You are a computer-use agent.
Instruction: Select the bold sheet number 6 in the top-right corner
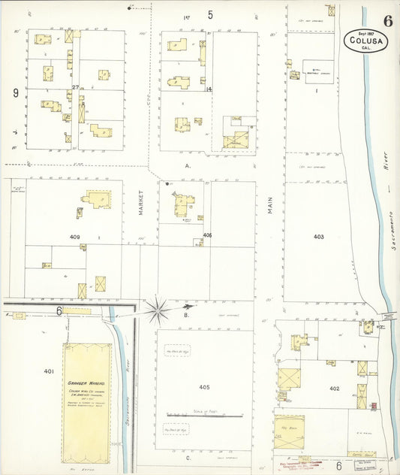[x=387, y=20]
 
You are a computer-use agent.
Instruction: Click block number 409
[x=75, y=237]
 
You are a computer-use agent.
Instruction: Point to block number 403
[x=319, y=237]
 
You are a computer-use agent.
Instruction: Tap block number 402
[x=334, y=389]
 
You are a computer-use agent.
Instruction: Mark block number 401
[x=49, y=371]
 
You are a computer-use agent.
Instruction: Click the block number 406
[x=207, y=235]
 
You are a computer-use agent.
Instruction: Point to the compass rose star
[x=158, y=307]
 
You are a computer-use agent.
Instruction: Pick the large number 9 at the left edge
[x=15, y=92]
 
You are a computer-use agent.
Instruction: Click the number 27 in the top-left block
[x=76, y=89]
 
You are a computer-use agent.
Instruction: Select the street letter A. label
[x=188, y=165]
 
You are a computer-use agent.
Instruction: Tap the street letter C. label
[x=189, y=457]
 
